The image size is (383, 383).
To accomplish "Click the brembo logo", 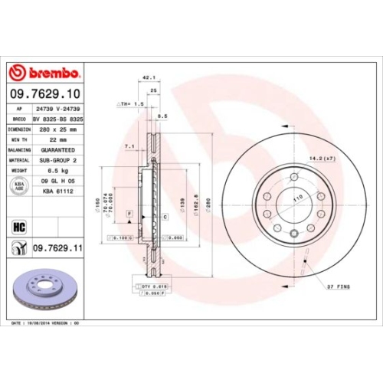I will (43, 73).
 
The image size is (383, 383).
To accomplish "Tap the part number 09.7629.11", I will (57, 247).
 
